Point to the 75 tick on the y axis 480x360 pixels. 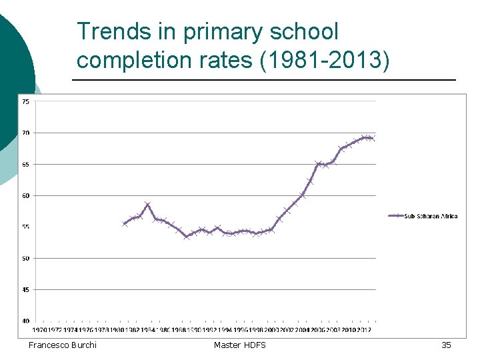(x=25, y=101)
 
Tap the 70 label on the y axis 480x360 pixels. (x=25, y=133)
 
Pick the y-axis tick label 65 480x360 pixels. (x=25, y=164)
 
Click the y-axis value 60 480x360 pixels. (x=25, y=195)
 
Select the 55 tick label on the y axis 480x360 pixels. (x=25, y=227)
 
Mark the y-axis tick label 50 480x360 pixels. (x=25, y=258)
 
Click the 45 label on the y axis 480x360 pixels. (x=25, y=289)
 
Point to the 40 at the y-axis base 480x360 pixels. (x=25, y=321)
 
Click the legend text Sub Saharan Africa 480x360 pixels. (x=431, y=216)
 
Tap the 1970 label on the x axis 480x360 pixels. (x=39, y=329)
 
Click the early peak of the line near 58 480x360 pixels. (x=147, y=205)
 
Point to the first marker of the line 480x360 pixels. (x=125, y=223)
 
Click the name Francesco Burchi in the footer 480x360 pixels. (x=62, y=345)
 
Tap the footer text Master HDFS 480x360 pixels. (x=239, y=345)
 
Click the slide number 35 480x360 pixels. (x=446, y=345)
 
